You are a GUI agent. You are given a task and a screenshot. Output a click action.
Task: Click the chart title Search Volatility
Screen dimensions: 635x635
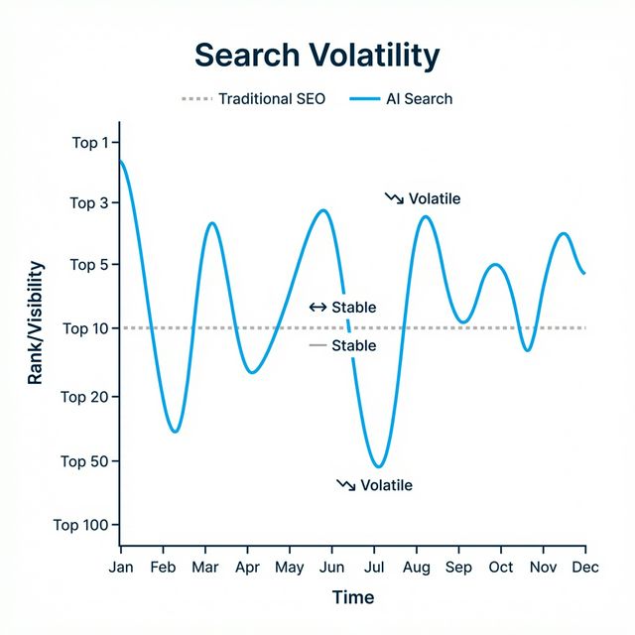[317, 56]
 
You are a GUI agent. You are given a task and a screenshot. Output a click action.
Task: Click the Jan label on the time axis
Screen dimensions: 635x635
[121, 567]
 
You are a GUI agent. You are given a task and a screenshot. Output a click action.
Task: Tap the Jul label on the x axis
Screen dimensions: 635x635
[374, 567]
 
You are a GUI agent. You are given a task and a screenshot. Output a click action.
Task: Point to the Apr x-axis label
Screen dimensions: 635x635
[248, 567]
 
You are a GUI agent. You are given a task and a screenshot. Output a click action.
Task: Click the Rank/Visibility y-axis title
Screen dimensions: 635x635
[36, 322]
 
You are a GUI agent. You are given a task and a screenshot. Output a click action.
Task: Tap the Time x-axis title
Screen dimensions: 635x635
[353, 597]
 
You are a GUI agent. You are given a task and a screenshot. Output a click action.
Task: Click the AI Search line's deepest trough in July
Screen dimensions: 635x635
[378, 466]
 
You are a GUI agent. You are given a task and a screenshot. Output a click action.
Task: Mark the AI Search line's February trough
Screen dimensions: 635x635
[175, 432]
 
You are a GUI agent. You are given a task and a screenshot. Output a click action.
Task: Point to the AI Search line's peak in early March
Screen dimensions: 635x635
[212, 223]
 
